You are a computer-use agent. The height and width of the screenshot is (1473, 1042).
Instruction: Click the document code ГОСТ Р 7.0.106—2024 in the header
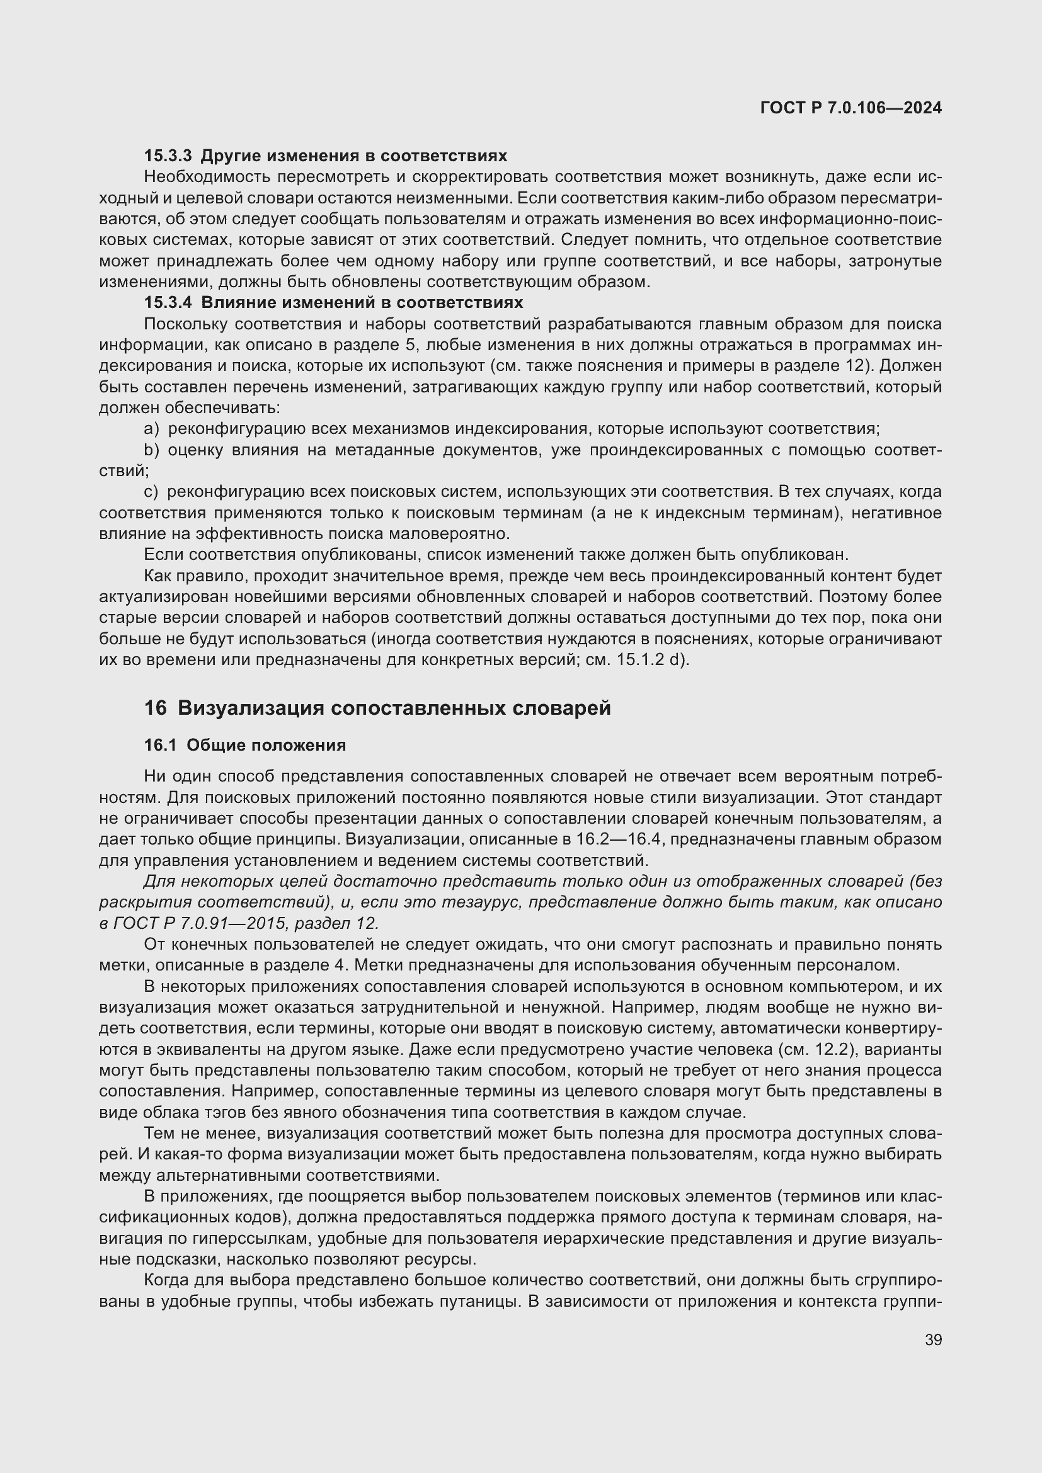(x=850, y=108)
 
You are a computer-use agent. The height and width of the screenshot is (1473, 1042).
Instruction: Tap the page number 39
(x=933, y=1340)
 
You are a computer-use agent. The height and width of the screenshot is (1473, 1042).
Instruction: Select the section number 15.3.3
(x=168, y=156)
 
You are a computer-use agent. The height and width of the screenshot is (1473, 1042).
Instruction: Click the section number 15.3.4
(x=168, y=302)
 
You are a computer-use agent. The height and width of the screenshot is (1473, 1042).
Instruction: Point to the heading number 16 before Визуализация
(x=154, y=708)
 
